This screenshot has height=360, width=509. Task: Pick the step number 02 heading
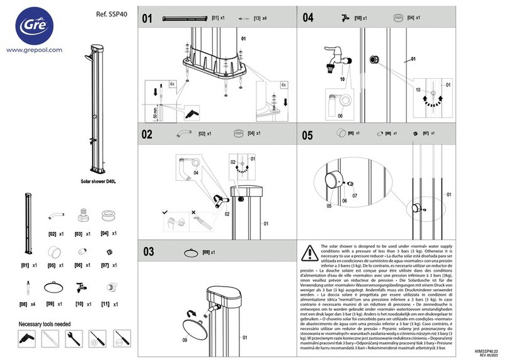coord(147,134)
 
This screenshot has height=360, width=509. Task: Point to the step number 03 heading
coord(148,252)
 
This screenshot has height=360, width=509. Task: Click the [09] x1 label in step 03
coord(209,253)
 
